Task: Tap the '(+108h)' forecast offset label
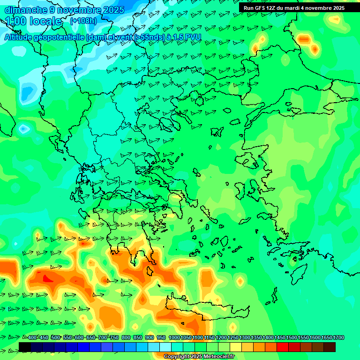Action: coord(83,21)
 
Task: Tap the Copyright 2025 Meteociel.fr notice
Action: coord(199,357)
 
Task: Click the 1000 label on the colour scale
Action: coord(174,337)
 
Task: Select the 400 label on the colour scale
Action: coord(32,337)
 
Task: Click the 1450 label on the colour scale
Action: coord(280,337)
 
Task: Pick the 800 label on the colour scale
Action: coord(126,337)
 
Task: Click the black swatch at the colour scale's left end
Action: coord(25,347)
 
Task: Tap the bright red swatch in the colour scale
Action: coord(283,347)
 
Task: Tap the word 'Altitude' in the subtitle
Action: coord(22,37)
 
